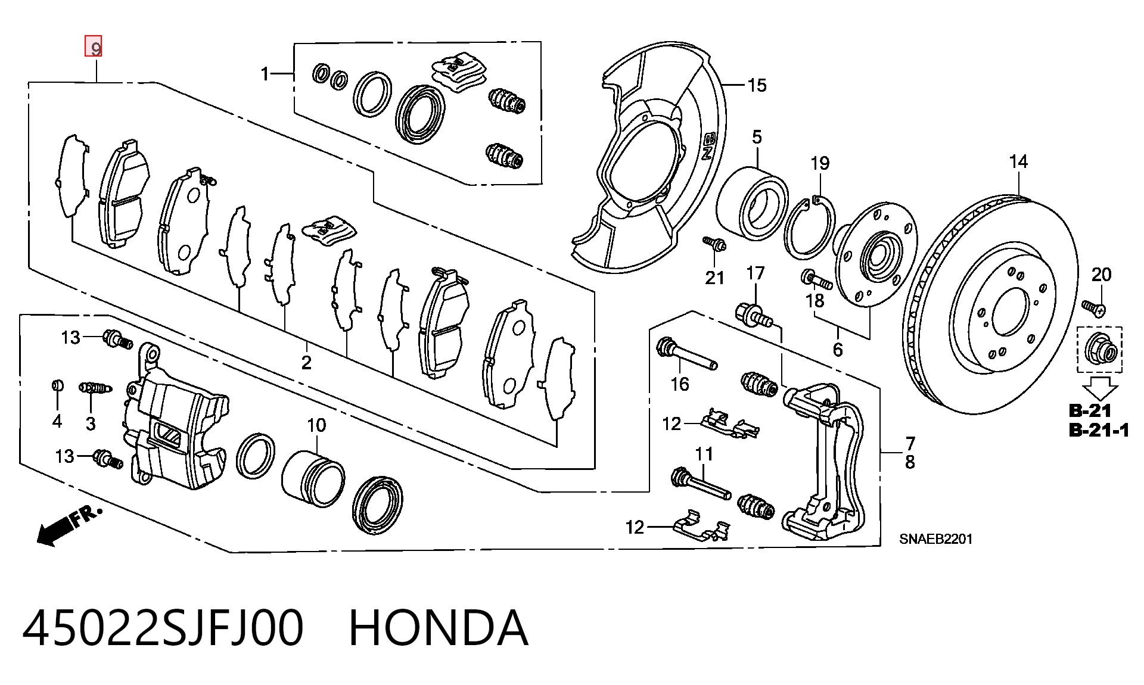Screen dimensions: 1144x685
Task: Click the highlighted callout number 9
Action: pos(94,46)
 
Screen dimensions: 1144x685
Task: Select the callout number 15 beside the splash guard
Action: pos(757,85)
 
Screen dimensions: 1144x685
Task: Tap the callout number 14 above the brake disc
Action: pos(1018,161)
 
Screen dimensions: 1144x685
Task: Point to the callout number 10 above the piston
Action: pos(316,425)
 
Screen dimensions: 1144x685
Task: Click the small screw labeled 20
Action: pos(1094,308)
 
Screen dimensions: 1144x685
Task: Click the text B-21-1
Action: pos(1099,430)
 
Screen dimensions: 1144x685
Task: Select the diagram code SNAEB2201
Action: pos(935,539)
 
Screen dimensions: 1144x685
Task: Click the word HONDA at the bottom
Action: pos(438,628)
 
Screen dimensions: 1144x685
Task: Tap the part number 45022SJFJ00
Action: pos(163,628)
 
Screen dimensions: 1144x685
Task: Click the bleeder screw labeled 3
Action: pos(94,388)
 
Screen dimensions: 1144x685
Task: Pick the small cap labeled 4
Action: pos(57,385)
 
